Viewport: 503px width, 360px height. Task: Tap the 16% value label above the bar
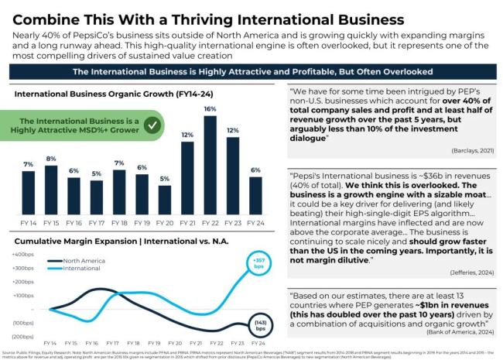point(210,109)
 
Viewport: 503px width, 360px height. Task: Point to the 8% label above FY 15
point(51,159)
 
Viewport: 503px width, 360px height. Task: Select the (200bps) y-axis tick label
point(21,335)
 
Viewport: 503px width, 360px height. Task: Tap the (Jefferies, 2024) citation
point(467,273)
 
